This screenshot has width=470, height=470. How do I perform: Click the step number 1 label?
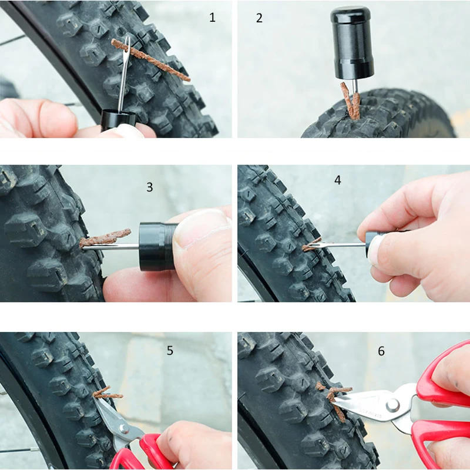click(213, 18)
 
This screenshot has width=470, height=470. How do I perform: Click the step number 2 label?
click(259, 18)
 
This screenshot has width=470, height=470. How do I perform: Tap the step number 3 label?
click(150, 187)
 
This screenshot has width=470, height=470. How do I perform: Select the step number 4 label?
click(337, 180)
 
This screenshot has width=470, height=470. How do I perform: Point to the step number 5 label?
click(170, 351)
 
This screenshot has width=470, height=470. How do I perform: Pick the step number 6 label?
click(381, 351)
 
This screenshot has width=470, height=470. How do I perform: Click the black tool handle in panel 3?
click(157, 246)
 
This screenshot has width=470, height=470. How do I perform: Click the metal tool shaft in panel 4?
click(341, 244)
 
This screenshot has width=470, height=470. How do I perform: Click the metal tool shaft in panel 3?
click(112, 247)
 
